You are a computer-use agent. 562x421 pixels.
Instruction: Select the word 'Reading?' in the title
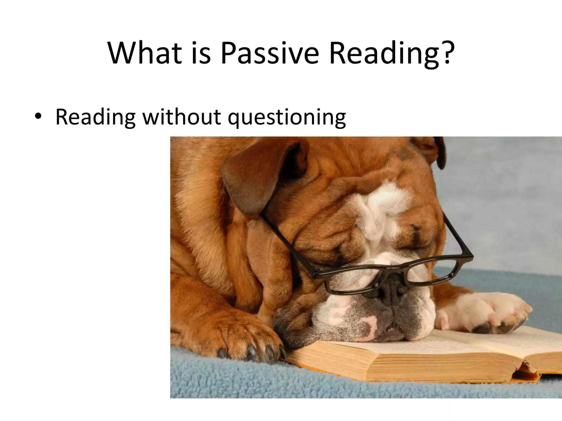(390, 53)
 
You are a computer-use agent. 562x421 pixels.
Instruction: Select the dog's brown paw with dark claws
(247, 343)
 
